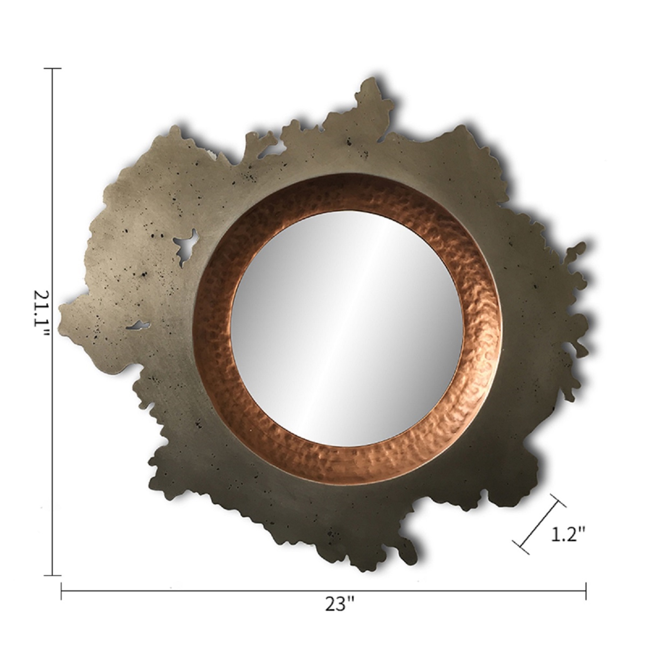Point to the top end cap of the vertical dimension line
[53, 68]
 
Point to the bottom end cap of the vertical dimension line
[53, 575]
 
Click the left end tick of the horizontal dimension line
[61, 591]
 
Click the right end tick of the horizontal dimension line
[586, 591]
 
